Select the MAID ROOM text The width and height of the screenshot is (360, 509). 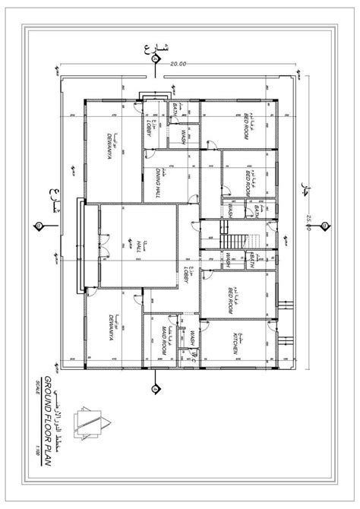[x=163, y=340]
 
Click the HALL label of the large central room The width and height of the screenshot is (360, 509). [x=141, y=249]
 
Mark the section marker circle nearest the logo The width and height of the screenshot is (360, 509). [x=157, y=392]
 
